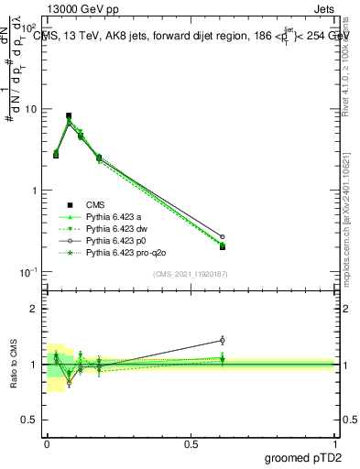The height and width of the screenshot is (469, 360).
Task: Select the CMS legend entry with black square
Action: [x=97, y=205]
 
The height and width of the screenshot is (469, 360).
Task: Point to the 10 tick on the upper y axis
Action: [x=32, y=109]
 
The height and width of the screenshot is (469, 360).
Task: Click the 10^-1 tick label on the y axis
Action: [x=30, y=272]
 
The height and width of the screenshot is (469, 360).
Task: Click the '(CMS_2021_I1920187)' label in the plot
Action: [x=190, y=273]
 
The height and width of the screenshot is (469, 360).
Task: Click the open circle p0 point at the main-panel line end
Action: [x=223, y=236]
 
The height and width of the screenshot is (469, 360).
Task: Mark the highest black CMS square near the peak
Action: [x=69, y=116]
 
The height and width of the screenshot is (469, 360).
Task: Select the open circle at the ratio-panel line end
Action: [x=223, y=340]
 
